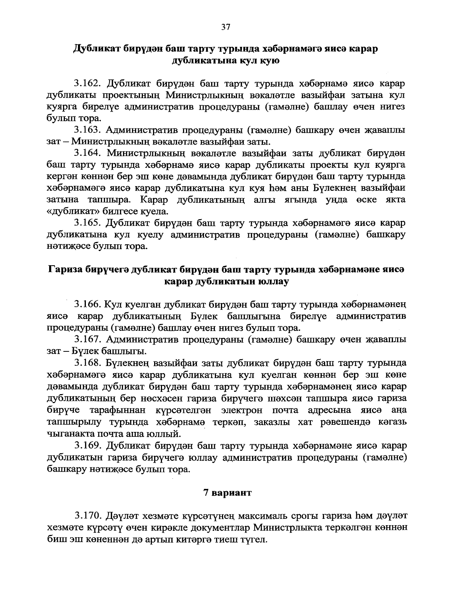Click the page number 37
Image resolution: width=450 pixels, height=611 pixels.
click(225, 27)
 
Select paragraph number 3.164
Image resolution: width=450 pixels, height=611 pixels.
click(87, 153)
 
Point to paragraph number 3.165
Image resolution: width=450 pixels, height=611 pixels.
click(87, 223)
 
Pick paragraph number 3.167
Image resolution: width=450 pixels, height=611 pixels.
click(87, 339)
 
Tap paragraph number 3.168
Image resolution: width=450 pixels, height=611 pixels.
click(87, 363)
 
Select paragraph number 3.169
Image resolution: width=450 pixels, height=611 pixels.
click(87, 446)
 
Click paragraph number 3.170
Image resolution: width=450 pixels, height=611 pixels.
click(87, 516)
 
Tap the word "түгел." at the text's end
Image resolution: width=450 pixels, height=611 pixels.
click(253, 539)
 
